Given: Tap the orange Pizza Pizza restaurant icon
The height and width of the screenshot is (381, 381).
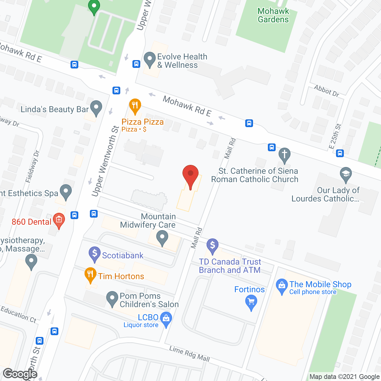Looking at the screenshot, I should point(135,105).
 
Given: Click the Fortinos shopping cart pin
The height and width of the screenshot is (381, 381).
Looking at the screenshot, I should point(251,302).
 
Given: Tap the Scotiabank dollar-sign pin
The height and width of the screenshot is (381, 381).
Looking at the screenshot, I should point(95,254).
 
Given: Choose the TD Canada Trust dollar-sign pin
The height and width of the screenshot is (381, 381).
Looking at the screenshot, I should point(213,246).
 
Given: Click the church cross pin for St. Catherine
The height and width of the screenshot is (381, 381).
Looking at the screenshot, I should point(285,155).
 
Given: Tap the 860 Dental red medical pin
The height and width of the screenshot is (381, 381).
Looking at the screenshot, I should point(59,220).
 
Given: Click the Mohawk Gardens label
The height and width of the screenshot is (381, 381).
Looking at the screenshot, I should point(273,15).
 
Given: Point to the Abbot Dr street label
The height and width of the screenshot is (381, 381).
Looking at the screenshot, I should point(327,90).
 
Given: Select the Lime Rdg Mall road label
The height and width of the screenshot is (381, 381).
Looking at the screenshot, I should point(190,354).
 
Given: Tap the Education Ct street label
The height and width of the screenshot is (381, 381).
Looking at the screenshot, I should point(18,314).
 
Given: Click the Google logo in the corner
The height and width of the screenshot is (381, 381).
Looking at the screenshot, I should point(20,374).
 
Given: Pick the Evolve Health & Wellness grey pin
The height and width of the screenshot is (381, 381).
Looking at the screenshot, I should point(149,59).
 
